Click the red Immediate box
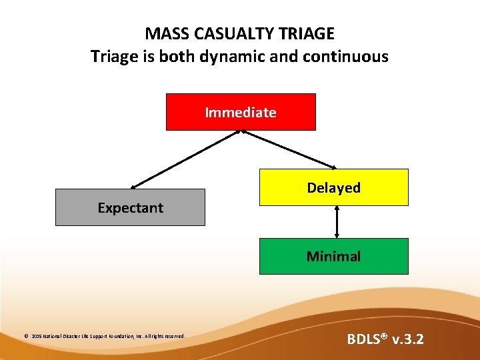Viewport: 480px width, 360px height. [x=241, y=112]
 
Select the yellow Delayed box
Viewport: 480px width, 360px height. [x=333, y=187]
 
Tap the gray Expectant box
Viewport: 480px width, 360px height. [x=130, y=207]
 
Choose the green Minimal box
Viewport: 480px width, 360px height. [x=333, y=256]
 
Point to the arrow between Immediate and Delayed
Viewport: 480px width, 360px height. [x=290, y=149]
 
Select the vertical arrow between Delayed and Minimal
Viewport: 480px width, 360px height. [x=337, y=221]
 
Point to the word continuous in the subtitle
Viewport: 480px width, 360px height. [x=347, y=57]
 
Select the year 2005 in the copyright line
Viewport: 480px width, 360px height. [x=36, y=337]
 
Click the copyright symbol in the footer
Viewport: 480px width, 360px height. [x=26, y=337]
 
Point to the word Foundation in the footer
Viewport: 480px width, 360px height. [x=123, y=337]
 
